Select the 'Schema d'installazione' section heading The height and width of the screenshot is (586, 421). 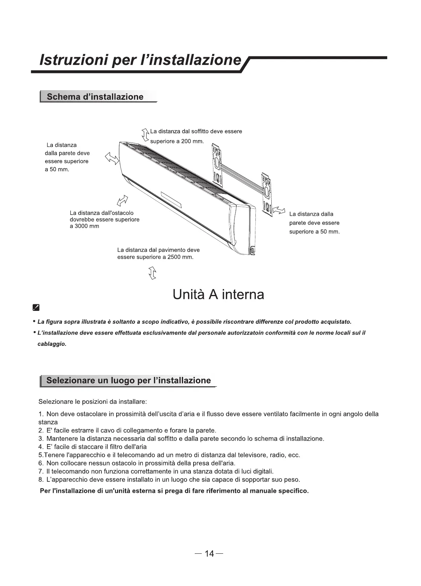point(95,97)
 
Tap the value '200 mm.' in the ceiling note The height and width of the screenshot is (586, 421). point(192,141)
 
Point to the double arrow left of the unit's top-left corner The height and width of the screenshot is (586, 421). point(112,159)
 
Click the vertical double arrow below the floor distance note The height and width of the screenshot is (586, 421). point(153,273)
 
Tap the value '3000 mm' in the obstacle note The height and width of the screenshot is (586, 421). point(84,226)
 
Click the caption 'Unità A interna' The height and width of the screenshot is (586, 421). point(218,295)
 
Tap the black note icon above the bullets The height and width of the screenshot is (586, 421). point(36,308)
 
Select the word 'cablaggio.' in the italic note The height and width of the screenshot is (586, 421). point(52,344)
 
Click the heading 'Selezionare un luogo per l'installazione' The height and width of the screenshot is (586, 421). point(128,380)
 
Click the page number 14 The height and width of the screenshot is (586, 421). point(209,554)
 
